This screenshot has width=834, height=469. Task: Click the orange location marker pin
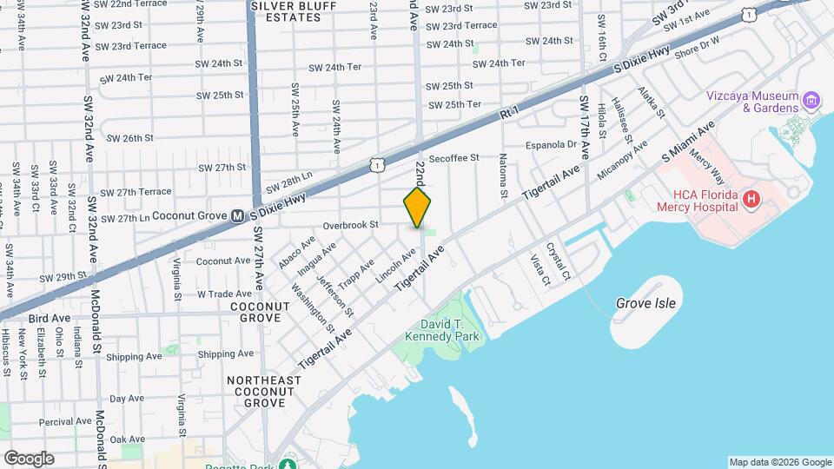tap(418, 208)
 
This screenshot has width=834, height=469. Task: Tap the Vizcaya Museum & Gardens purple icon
tap(812, 101)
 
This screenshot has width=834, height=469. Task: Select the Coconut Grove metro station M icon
tap(238, 215)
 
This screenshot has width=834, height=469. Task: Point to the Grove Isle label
tap(645, 303)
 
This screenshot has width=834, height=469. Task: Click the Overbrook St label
tap(351, 225)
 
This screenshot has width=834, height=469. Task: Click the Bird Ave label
tap(49, 319)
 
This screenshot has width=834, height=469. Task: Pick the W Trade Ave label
tap(224, 294)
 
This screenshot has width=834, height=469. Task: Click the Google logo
tap(29, 459)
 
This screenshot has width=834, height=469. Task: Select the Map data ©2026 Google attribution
tap(780, 462)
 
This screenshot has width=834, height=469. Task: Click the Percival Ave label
tap(65, 421)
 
